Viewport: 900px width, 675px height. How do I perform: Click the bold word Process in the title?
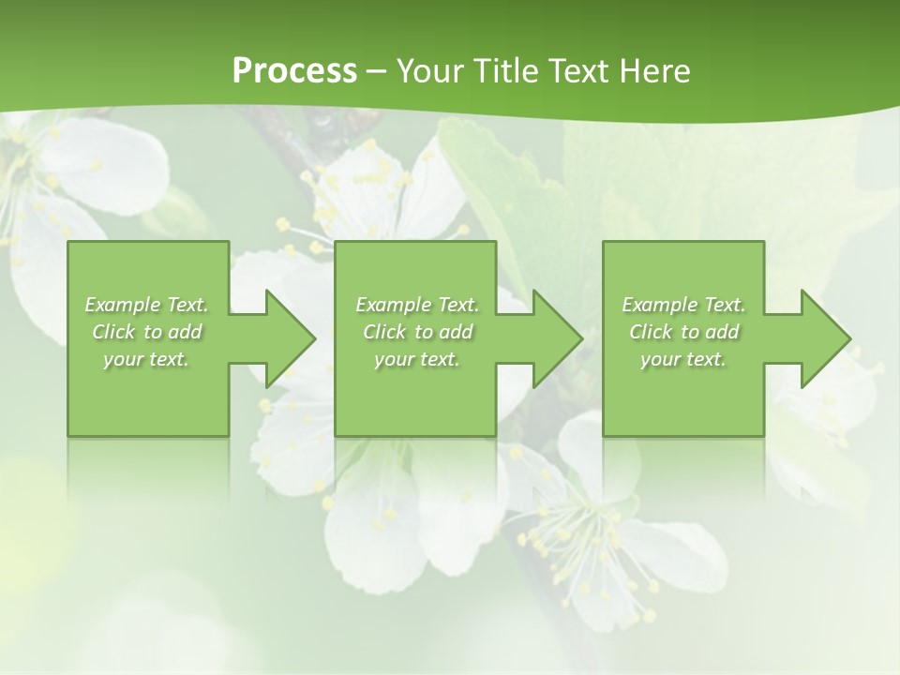(294, 71)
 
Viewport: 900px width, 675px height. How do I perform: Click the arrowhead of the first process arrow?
(290, 338)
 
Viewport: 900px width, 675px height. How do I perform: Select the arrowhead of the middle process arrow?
(557, 338)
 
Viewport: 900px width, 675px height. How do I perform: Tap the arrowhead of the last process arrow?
(825, 338)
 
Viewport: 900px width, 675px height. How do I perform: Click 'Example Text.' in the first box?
(146, 305)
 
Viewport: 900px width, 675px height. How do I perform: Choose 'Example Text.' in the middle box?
(417, 305)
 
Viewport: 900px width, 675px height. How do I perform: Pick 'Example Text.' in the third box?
(683, 305)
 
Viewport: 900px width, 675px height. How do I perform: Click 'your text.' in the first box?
(146, 359)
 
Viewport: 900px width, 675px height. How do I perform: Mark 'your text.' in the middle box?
(417, 359)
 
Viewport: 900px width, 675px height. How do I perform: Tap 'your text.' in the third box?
(683, 359)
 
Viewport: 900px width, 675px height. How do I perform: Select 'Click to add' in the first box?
(146, 332)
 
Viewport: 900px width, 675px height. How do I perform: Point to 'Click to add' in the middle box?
(417, 332)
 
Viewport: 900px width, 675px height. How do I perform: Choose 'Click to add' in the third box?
(683, 332)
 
